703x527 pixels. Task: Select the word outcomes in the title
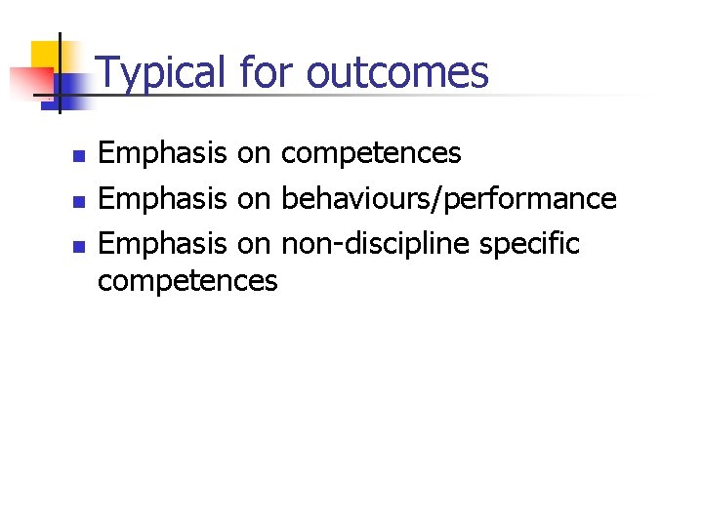[397, 73]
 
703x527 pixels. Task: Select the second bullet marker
[80, 201]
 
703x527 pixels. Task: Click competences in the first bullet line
[371, 154]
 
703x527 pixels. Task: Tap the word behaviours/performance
[448, 199]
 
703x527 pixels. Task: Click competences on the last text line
[187, 281]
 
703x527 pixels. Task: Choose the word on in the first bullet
[254, 154]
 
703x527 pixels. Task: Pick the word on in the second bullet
[254, 199]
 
